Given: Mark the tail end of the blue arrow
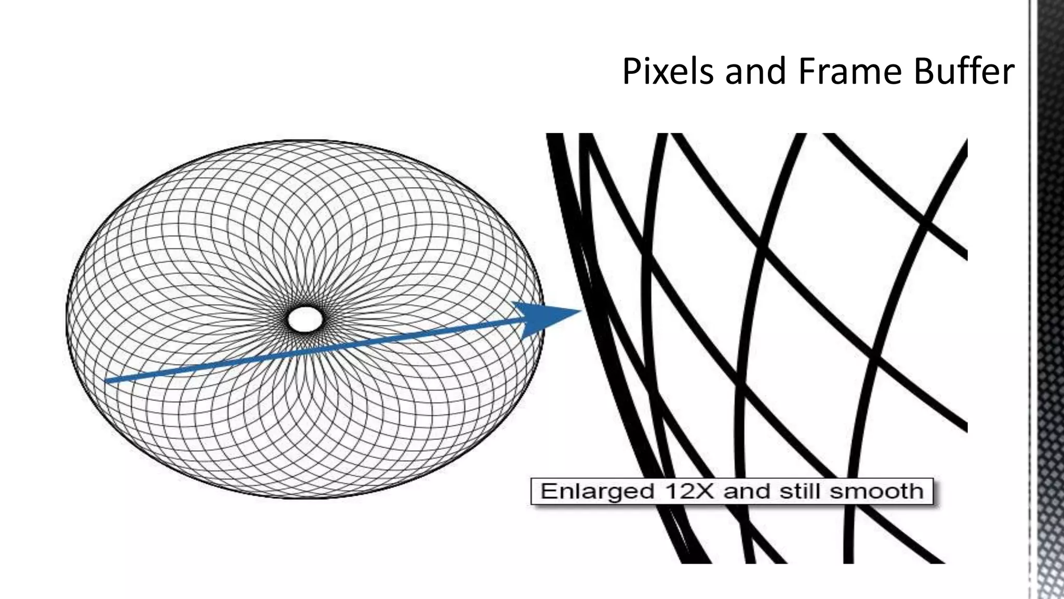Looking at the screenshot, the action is pyautogui.click(x=107, y=381).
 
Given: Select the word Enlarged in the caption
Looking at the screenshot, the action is pyautogui.click(x=597, y=491).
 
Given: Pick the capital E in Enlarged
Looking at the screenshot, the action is pyautogui.click(x=548, y=491).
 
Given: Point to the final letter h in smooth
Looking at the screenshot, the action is pyautogui.click(x=916, y=491).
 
